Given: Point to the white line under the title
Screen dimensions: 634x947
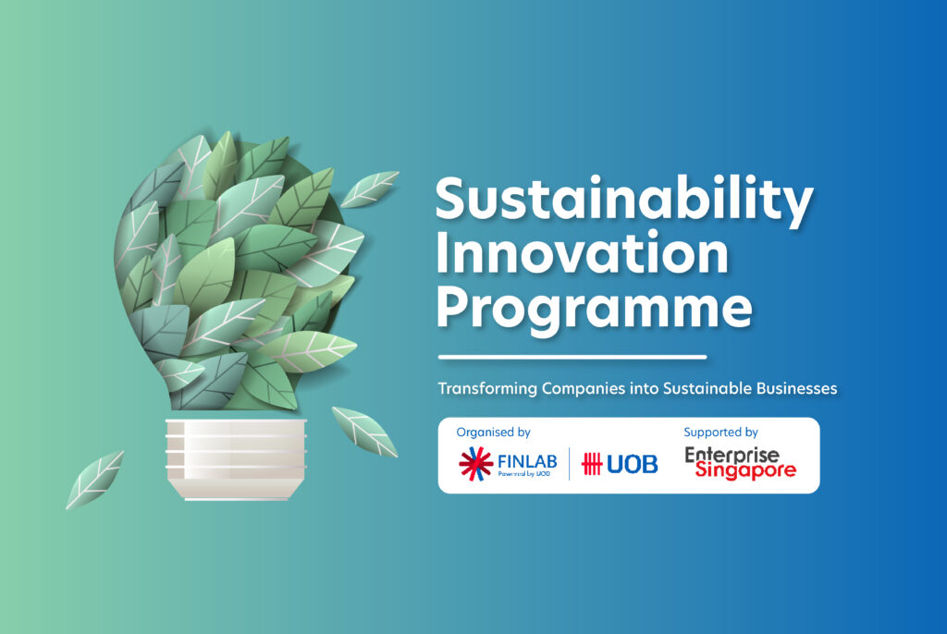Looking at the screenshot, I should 572,357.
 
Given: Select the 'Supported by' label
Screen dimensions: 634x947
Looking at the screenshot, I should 720,432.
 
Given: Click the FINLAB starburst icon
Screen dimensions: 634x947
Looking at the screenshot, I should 476,462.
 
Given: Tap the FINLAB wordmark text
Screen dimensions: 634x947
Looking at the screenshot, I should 527,459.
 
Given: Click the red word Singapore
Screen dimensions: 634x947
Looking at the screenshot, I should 740,472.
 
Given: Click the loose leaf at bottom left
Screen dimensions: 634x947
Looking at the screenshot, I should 94,479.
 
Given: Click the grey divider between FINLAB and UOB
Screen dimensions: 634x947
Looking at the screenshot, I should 569,463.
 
